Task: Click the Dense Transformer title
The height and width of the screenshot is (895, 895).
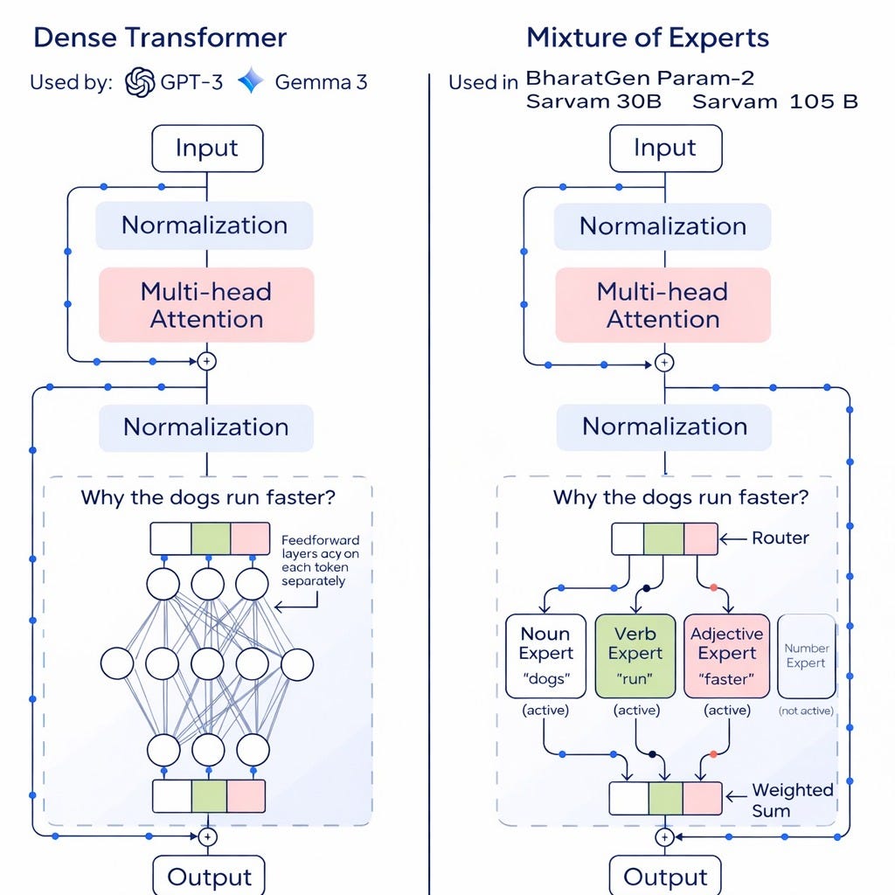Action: (160, 38)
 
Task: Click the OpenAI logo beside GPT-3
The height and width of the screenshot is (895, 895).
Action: (140, 82)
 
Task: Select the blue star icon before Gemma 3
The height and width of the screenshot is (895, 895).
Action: (252, 82)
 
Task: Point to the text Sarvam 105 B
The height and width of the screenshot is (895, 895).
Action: (774, 101)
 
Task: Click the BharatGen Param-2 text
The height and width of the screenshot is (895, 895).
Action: (640, 78)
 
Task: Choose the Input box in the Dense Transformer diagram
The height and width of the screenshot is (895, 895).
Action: (207, 148)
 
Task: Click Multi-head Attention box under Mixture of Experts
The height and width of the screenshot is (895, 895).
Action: (663, 305)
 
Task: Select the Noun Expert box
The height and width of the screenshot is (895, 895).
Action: (545, 656)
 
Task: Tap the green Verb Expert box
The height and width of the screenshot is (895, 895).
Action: (635, 656)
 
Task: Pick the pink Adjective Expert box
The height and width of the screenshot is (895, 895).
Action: (726, 656)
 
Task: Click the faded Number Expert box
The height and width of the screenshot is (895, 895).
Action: (806, 656)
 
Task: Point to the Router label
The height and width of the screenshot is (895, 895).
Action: (781, 538)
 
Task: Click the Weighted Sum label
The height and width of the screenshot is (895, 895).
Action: (793, 800)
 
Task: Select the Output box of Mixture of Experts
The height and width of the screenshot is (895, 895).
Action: (665, 876)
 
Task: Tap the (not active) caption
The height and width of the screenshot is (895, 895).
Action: (806, 711)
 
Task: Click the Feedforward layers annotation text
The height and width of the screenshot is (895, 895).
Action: (320, 560)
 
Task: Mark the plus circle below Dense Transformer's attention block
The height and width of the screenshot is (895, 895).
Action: (207, 361)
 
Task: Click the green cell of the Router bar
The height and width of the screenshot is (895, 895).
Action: (663, 539)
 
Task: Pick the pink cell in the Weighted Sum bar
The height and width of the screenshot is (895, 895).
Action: (703, 798)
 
